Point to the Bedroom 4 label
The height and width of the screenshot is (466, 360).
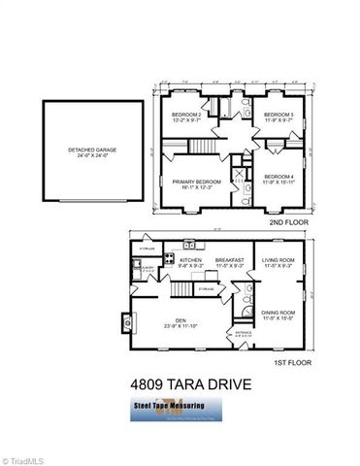coord(278,177)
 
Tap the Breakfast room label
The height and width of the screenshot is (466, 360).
coord(229,262)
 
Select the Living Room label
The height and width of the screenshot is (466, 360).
coord(279,262)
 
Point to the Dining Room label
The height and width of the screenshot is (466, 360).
coord(279,315)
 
